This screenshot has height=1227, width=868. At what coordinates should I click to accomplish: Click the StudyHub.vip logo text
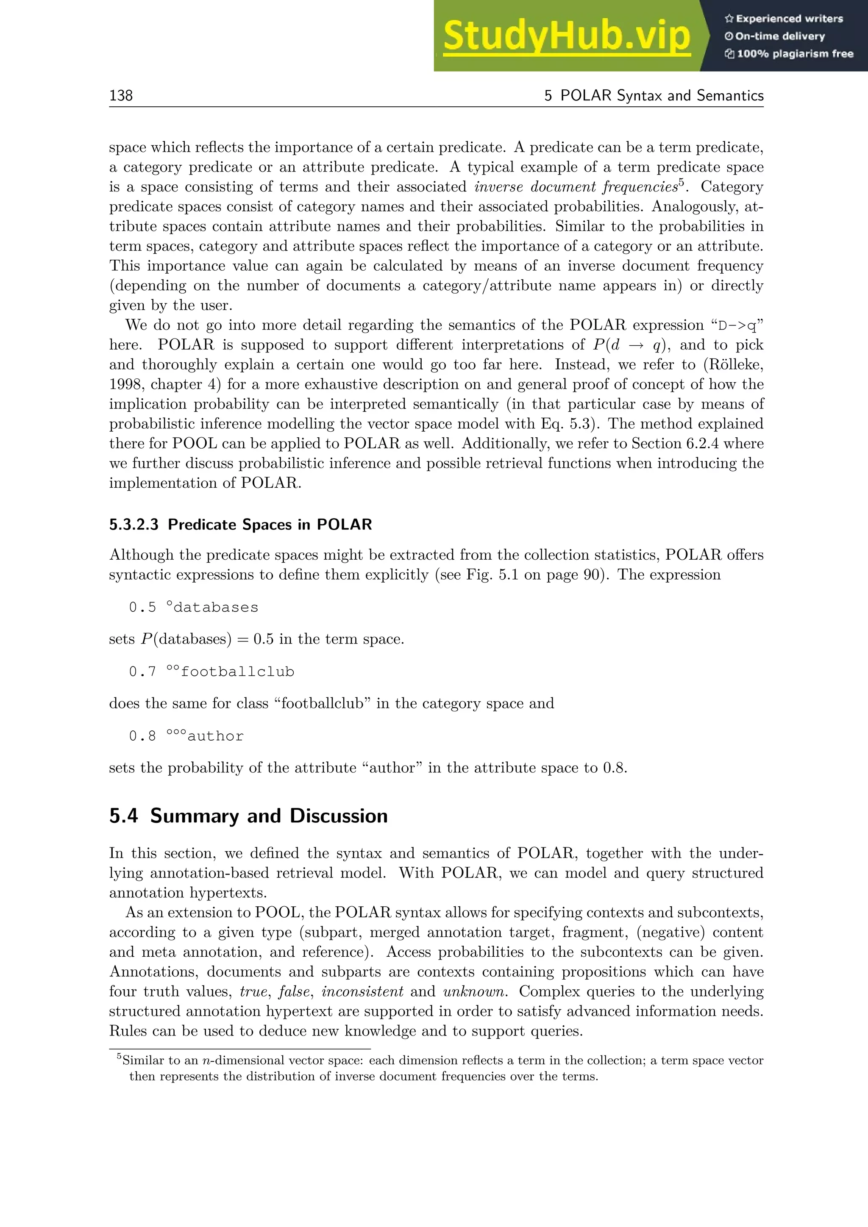tap(567, 36)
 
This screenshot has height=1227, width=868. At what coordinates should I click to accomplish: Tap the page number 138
tap(121, 95)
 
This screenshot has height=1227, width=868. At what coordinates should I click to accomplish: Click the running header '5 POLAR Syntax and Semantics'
tap(654, 95)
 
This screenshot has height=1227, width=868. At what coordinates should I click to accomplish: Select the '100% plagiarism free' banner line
tap(790, 53)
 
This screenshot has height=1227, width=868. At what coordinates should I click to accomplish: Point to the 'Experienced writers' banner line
tap(784, 19)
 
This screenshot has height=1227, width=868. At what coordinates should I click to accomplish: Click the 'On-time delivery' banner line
tap(775, 36)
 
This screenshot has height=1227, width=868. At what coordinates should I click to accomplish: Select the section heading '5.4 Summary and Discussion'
tap(248, 816)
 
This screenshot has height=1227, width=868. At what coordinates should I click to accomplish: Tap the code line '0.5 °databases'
tap(194, 607)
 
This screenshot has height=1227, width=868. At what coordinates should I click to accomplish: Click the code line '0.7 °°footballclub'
tap(211, 671)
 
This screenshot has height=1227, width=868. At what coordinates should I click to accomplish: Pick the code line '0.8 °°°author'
tap(186, 736)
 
